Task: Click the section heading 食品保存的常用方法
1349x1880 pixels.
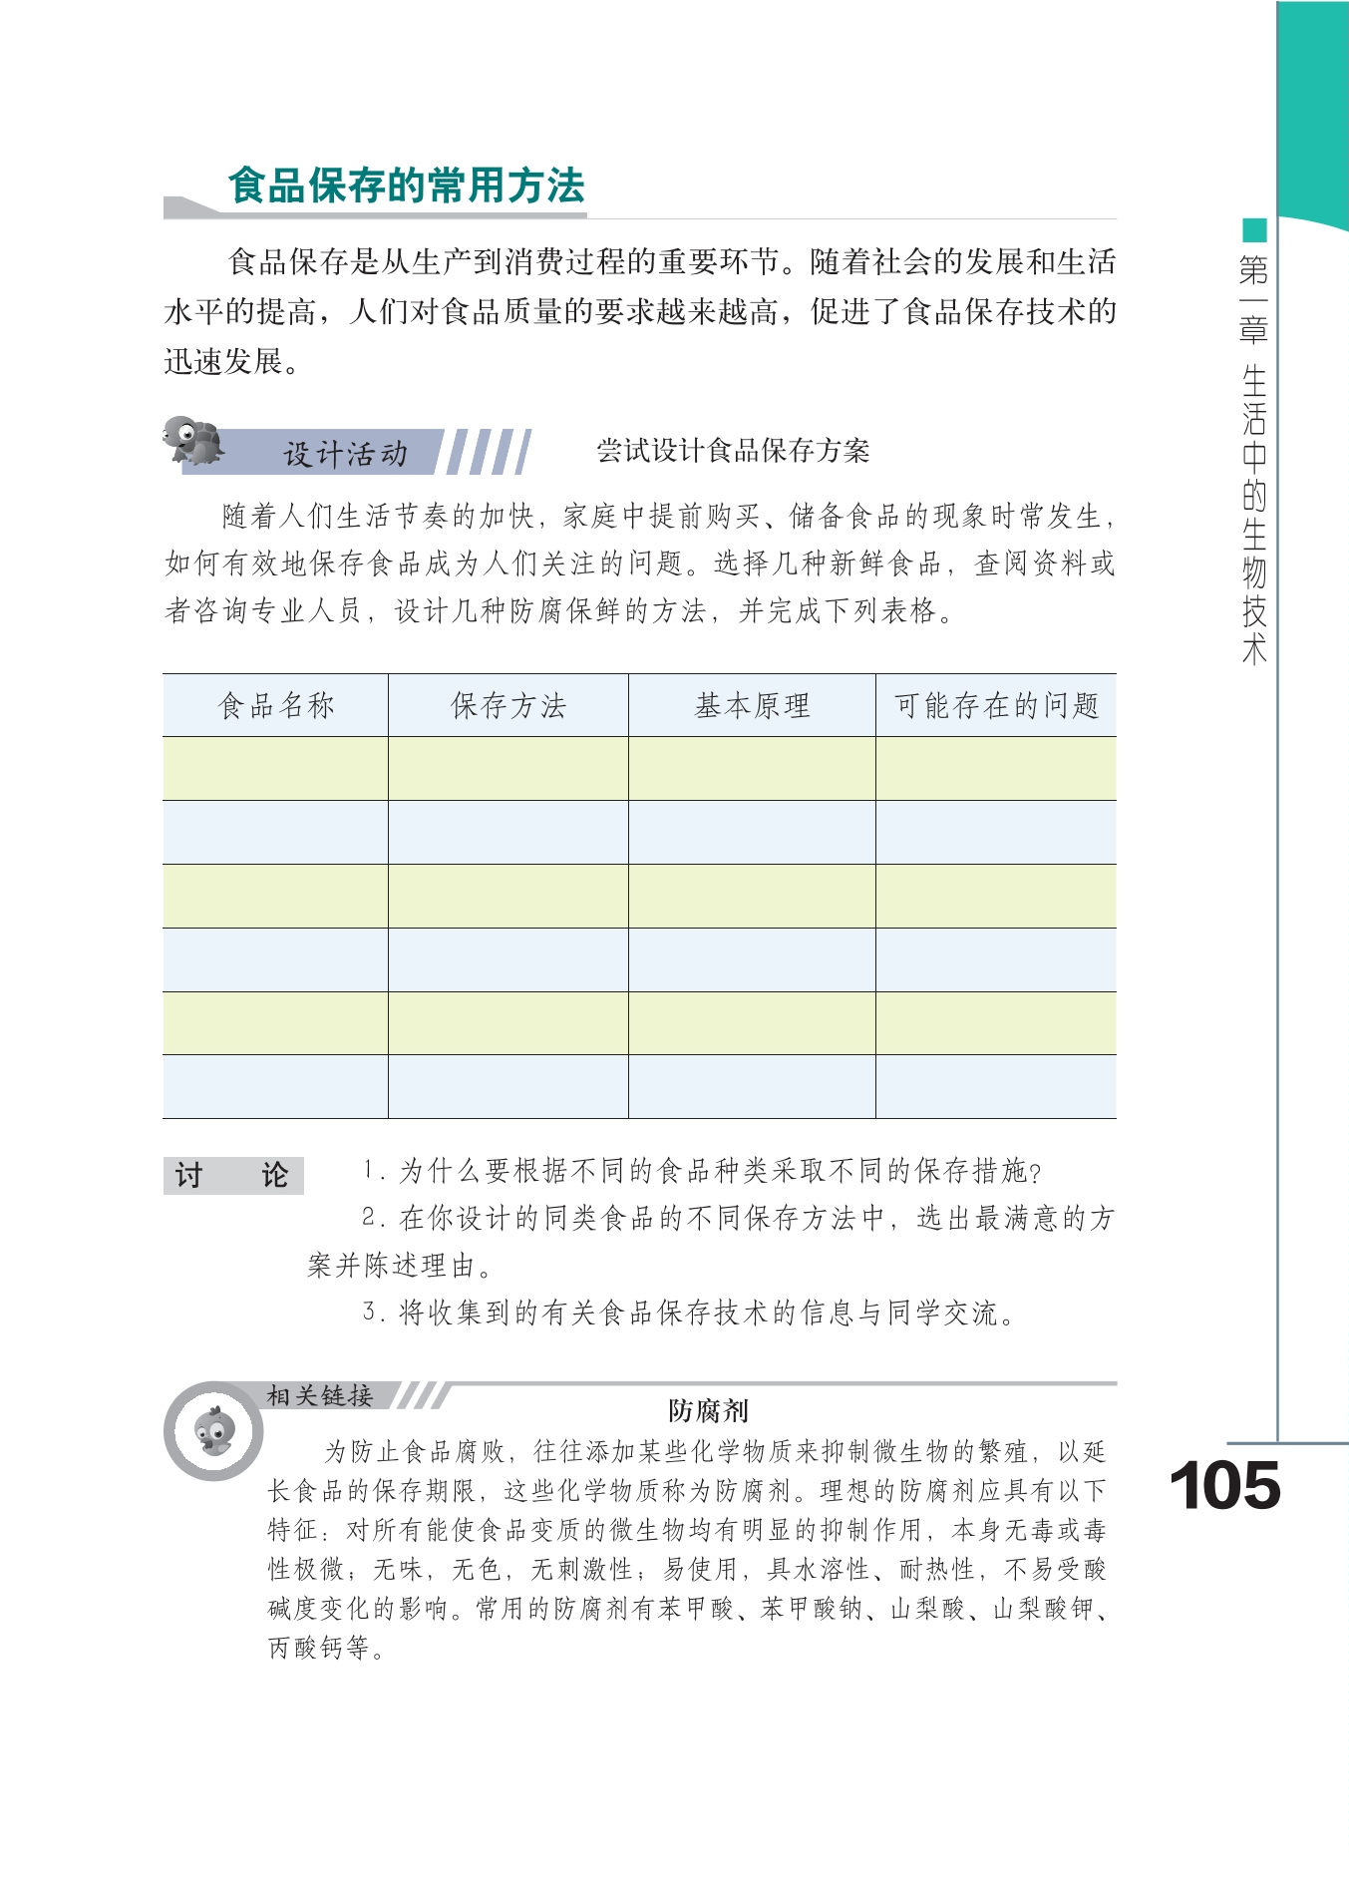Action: point(406,187)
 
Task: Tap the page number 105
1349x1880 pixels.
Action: point(1224,1487)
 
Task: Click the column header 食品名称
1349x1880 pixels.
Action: point(276,706)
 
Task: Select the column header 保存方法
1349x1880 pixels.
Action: point(507,706)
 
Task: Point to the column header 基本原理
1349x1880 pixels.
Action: point(752,706)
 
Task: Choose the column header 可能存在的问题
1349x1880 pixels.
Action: point(996,706)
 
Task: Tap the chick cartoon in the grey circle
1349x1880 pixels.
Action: point(214,1432)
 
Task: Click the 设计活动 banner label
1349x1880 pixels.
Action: point(345,454)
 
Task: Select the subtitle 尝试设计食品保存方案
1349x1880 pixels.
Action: point(733,451)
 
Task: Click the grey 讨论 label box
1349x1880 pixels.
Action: point(233,1175)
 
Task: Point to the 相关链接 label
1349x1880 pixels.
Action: point(319,1395)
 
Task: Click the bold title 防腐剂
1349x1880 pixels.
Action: point(708,1410)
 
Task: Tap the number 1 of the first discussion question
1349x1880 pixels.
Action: point(369,1170)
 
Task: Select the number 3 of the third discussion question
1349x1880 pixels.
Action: point(369,1312)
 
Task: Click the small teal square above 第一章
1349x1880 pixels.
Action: point(1254,230)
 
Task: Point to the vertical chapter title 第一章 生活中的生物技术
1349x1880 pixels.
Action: point(1254,459)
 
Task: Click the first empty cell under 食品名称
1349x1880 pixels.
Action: point(275,769)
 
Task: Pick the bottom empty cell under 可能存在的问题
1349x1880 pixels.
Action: point(996,1087)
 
